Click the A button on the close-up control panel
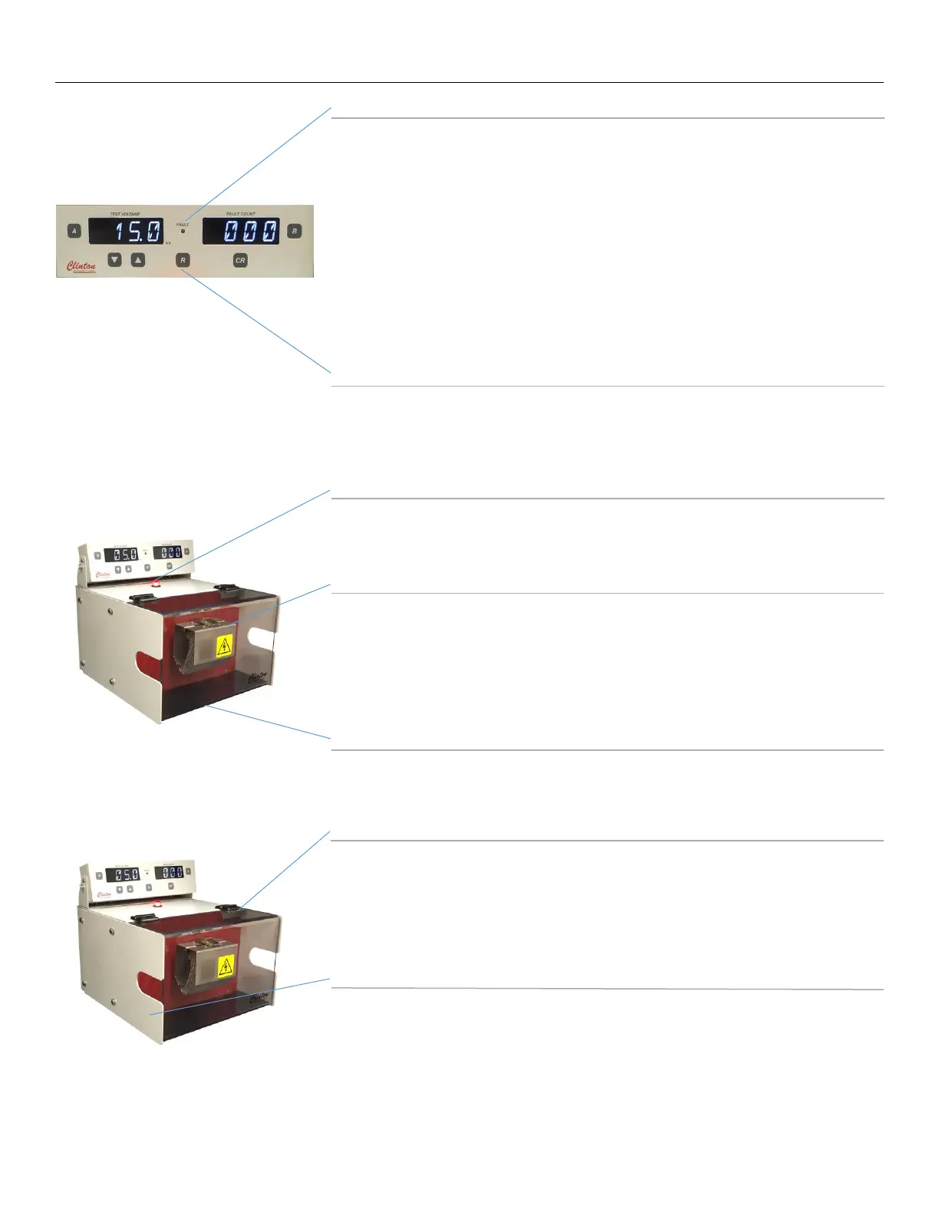pyautogui.click(x=74, y=231)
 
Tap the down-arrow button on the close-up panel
pyautogui.click(x=114, y=260)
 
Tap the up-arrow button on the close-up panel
pyautogui.click(x=138, y=260)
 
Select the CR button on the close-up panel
pyautogui.click(x=240, y=261)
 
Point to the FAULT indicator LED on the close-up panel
pyautogui.click(x=183, y=231)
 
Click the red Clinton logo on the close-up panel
pyautogui.click(x=81, y=267)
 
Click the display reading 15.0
pyautogui.click(x=126, y=231)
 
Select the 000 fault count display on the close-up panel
pyautogui.click(x=241, y=231)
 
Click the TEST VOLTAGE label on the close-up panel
pyautogui.click(x=125, y=214)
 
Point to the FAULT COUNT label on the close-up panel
pyautogui.click(x=241, y=214)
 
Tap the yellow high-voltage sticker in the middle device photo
pyautogui.click(x=224, y=646)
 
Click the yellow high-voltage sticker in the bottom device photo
pyautogui.click(x=226, y=967)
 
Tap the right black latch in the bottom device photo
pyautogui.click(x=227, y=909)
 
